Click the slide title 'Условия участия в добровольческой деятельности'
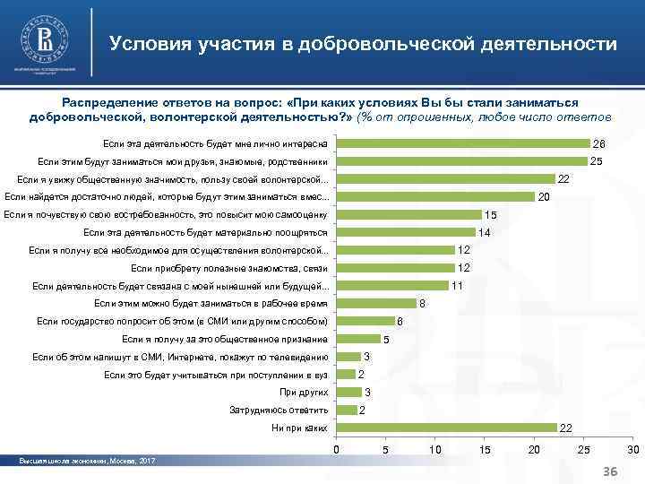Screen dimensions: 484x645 point(363,44)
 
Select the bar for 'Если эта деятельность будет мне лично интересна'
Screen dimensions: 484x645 point(462,144)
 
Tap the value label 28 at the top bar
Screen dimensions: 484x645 point(599,144)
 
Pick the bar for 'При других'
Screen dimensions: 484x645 point(347,393)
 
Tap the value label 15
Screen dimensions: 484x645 point(490,215)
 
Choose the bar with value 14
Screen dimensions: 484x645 point(404,233)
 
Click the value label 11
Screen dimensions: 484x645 point(456,286)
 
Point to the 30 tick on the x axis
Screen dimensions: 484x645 point(633,449)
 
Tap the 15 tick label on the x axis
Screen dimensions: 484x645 point(485,449)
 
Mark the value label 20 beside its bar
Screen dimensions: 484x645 point(543,197)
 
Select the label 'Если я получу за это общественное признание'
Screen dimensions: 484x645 point(224,340)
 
